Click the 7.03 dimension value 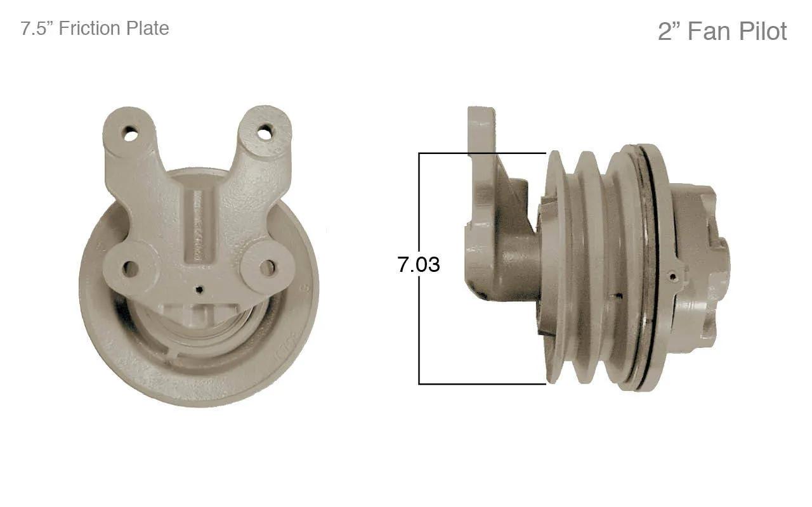[x=419, y=264]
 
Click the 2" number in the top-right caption [x=670, y=31]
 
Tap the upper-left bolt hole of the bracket [x=130, y=134]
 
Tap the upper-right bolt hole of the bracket [x=265, y=131]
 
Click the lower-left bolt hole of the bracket [x=130, y=268]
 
